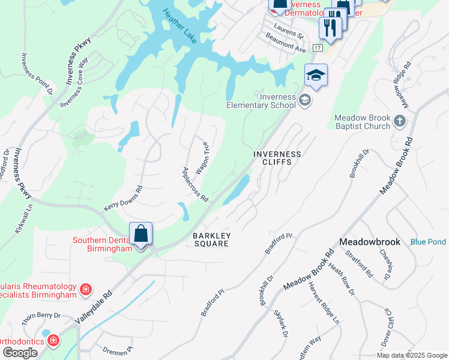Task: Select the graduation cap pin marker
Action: pyautogui.click(x=316, y=76)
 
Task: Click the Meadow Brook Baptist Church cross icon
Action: pyautogui.click(x=401, y=122)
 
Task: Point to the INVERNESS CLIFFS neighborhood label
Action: pyautogui.click(x=277, y=158)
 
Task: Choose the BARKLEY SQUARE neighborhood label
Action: pyautogui.click(x=210, y=239)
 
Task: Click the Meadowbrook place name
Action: pyautogui.click(x=369, y=241)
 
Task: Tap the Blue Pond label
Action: pyautogui.click(x=428, y=242)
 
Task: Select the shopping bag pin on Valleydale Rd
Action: pyautogui.click(x=140, y=234)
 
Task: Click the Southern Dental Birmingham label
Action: pyautogui.click(x=102, y=245)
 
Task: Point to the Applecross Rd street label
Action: pyautogui.click(x=194, y=184)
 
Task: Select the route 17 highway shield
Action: pyautogui.click(x=318, y=47)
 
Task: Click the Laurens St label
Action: pyautogui.click(x=289, y=28)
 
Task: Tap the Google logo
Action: pyautogui.click(x=20, y=352)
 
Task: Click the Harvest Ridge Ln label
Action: pyautogui.click(x=324, y=302)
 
